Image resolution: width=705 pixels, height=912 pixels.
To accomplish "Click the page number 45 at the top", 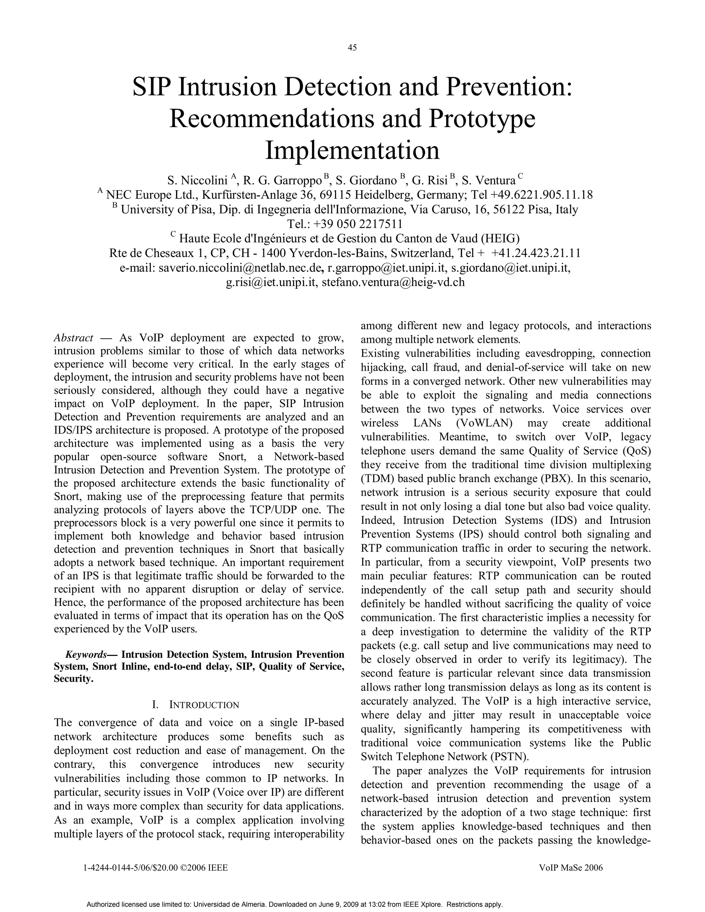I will coord(352,47).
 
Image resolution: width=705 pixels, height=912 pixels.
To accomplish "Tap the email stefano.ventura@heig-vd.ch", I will coord(393,282).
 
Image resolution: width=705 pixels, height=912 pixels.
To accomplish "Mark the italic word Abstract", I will coord(74,337).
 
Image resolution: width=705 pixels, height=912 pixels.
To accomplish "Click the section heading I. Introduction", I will coord(196,705).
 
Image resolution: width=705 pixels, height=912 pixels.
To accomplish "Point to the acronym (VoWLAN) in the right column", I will coord(484,423).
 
